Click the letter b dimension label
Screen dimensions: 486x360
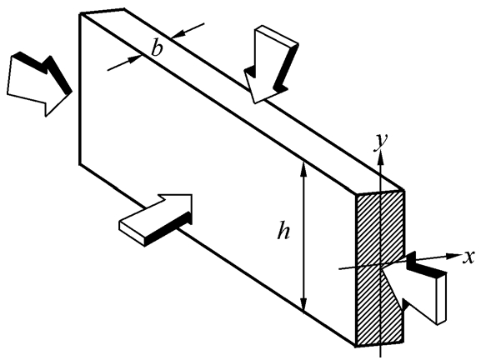(x=157, y=49)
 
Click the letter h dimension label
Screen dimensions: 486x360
(x=283, y=229)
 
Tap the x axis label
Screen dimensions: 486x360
(x=468, y=257)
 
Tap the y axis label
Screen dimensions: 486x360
(x=381, y=142)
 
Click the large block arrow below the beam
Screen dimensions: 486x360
(x=156, y=220)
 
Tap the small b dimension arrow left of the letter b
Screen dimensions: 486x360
(x=124, y=62)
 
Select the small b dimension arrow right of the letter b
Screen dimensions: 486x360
(x=188, y=30)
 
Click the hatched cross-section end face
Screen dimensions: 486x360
(x=380, y=268)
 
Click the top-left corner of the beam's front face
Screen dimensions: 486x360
(x=81, y=13)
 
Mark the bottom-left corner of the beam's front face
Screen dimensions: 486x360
(x=80, y=164)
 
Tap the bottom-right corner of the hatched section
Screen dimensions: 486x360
(x=403, y=342)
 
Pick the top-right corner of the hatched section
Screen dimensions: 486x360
(x=404, y=191)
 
